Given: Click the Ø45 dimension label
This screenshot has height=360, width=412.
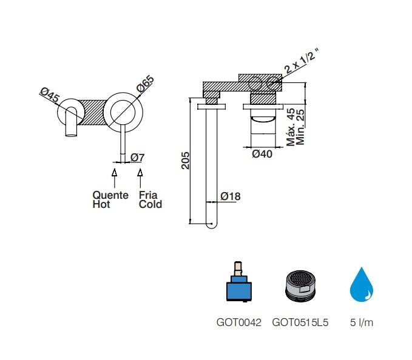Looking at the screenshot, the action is (x=49, y=95).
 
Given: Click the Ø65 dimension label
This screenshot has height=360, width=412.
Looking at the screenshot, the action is (x=145, y=84).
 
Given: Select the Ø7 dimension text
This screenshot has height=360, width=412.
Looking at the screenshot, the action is (x=137, y=158).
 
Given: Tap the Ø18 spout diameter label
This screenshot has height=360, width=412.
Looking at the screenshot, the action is (x=230, y=196).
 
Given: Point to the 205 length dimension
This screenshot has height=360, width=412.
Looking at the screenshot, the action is (x=185, y=161).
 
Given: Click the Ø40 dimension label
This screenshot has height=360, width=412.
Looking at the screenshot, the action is (x=262, y=154).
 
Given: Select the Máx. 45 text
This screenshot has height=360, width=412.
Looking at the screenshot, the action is (x=291, y=127).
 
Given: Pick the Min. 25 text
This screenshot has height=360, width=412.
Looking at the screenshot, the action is (x=300, y=127).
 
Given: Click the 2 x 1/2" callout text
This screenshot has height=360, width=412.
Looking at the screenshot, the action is (x=302, y=61).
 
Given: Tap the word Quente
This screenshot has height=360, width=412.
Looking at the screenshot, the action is (x=110, y=195).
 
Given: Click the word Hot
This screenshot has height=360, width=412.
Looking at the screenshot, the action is (x=101, y=204).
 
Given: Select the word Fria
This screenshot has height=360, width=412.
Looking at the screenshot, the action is (x=148, y=195).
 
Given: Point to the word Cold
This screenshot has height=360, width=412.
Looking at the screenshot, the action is (x=150, y=204).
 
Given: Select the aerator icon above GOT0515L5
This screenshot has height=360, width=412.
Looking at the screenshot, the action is (x=300, y=285).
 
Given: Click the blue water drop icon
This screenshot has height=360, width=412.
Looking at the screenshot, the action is (x=361, y=285).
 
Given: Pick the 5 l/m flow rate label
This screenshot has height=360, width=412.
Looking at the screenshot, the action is (x=362, y=322).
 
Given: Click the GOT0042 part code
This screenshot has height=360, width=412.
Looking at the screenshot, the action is (x=239, y=322).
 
